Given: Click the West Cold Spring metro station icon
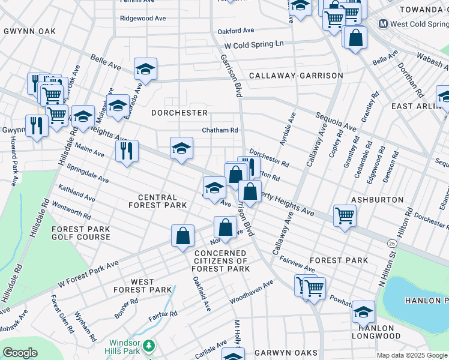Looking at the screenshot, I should coord(382,24).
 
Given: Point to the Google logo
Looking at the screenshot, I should coord(20,353).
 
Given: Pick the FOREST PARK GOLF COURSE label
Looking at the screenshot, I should coord(81,233).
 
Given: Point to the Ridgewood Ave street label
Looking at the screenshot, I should coord(142,19).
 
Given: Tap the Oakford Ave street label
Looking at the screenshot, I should coord(236,30).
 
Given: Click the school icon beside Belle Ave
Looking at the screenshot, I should coord(145,70).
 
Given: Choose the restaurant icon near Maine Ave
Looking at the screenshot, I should coord(127,150).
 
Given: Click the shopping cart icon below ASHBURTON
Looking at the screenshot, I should coord(345,215).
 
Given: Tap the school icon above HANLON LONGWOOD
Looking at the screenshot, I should coord(363,311).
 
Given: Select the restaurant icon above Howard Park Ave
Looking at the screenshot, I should coord(37,125).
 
